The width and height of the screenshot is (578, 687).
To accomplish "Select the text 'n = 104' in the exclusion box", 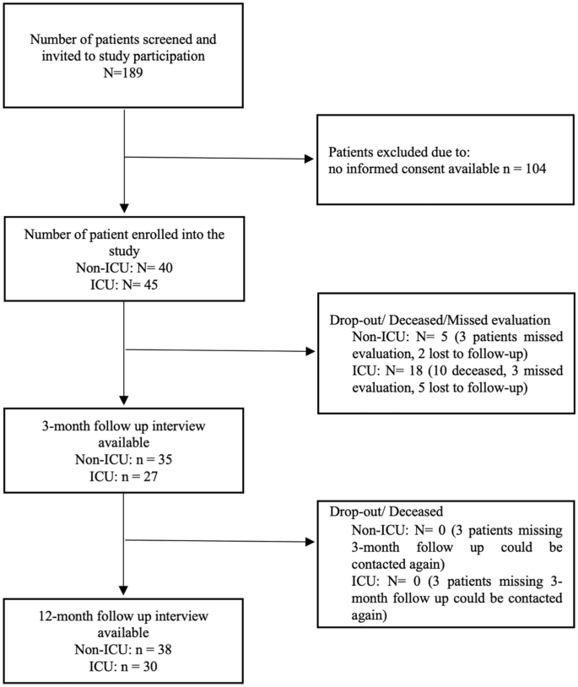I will [523, 170].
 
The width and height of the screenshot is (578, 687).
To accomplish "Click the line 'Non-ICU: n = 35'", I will [124, 457].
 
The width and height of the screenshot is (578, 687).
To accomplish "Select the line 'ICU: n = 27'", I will [124, 474].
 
